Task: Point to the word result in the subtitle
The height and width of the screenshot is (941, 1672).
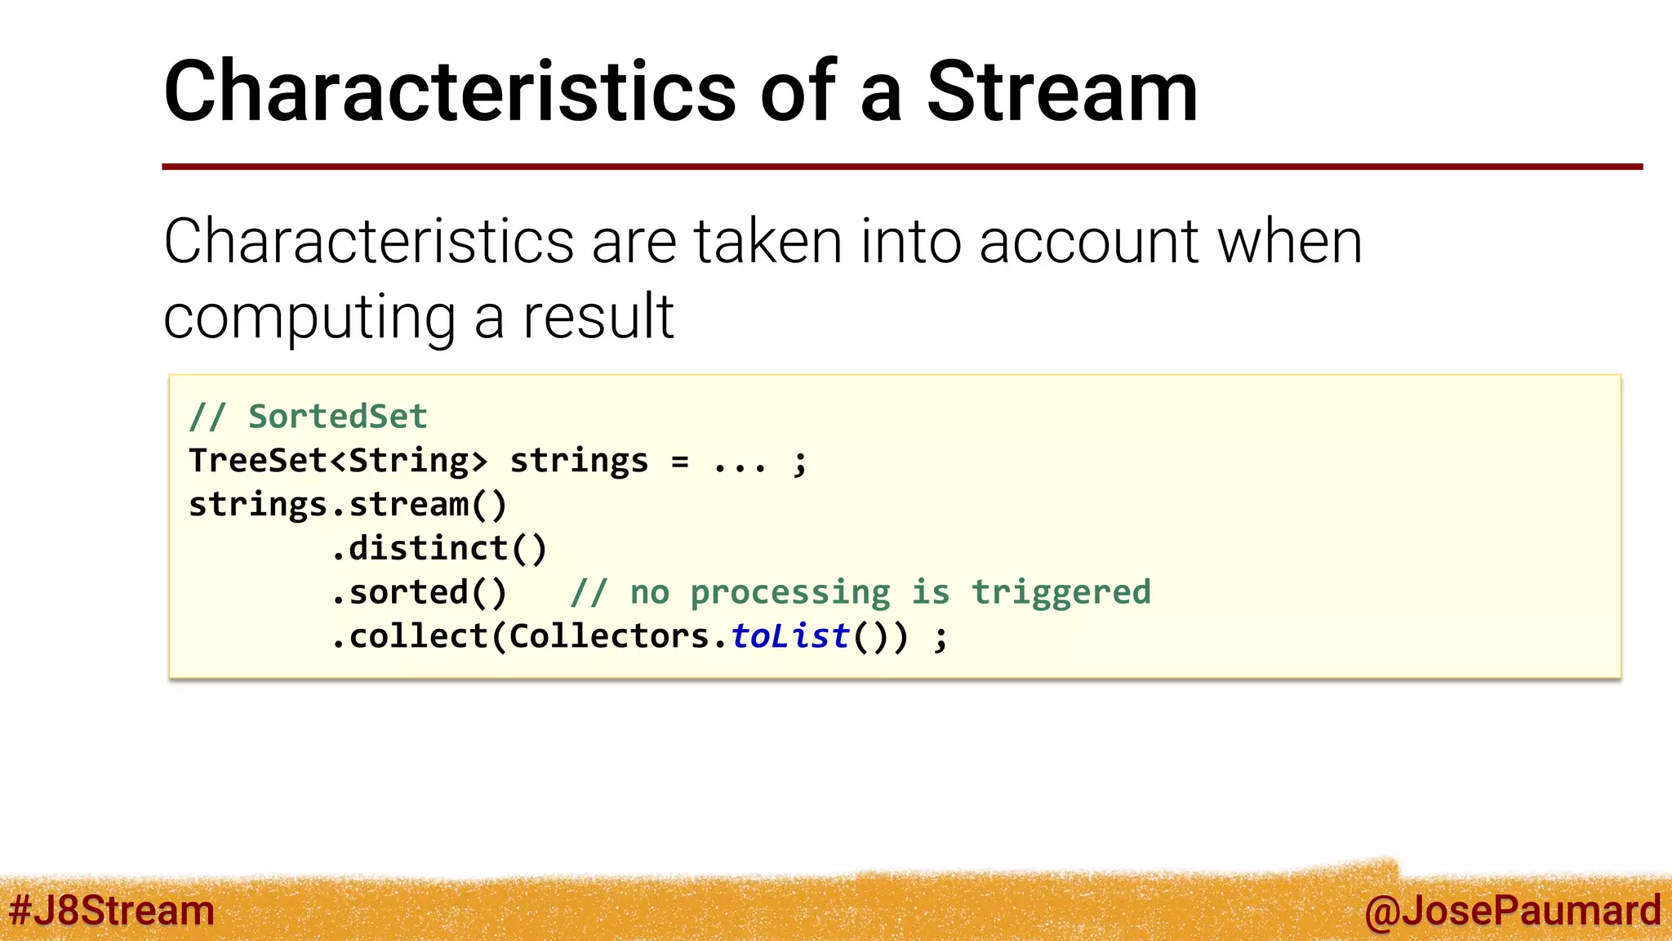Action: [598, 317]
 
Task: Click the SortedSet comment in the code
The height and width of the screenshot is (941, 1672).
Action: [336, 417]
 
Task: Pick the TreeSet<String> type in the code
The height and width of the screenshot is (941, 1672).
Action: [338, 461]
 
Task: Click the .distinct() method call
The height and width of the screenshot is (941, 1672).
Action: [439, 548]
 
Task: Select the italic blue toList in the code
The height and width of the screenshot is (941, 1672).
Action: [790, 636]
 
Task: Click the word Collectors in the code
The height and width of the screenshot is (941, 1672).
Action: [609, 636]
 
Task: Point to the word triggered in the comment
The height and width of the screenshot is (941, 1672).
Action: [1061, 592]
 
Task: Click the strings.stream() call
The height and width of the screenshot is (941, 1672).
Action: [348, 505]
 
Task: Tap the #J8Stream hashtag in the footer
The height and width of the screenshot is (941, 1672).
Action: [112, 910]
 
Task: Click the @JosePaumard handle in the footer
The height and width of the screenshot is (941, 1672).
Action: [1512, 910]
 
